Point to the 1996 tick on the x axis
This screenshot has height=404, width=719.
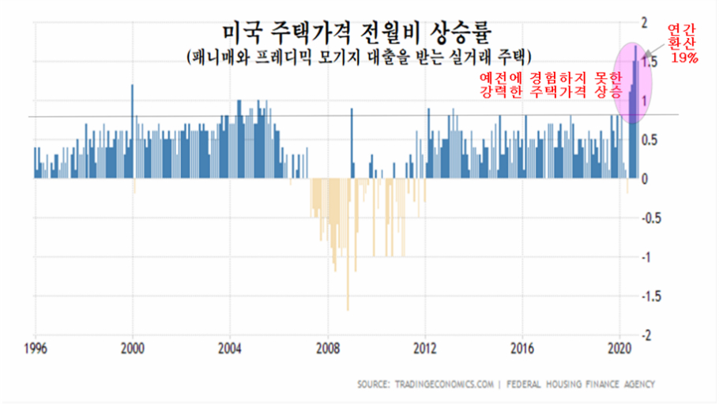pos(35,348)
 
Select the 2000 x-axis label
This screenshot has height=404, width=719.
pos(132,348)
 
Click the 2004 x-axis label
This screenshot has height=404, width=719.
pos(230,348)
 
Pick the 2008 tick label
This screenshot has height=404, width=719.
pos(327,348)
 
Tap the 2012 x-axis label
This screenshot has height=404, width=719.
pos(425,348)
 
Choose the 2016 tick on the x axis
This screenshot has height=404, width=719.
pos(522,348)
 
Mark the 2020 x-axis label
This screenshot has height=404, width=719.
pos(619,348)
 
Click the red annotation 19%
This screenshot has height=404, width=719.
pos(683,58)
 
